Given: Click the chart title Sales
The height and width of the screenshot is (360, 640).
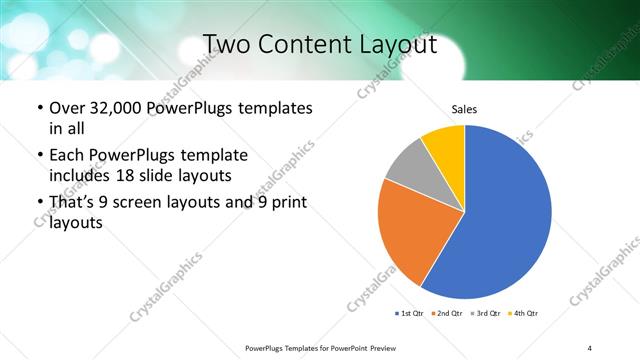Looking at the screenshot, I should pyautogui.click(x=464, y=108).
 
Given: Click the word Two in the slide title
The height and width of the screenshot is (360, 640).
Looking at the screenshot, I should pyautogui.click(x=229, y=44).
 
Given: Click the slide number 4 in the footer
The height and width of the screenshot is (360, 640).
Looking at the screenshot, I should pyautogui.click(x=590, y=347).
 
